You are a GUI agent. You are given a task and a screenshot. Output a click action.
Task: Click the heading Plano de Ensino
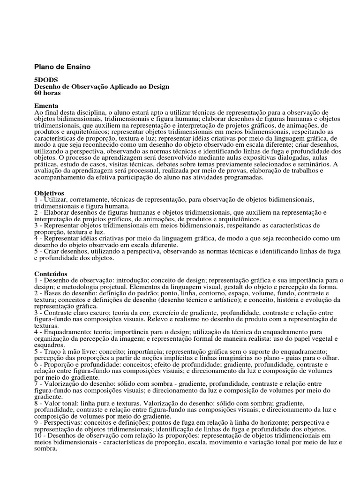(62, 67)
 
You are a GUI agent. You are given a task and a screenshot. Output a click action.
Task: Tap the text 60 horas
(48, 93)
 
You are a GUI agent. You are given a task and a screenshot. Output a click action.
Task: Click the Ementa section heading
(46, 106)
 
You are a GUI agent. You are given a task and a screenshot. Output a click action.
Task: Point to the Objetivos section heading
(49, 193)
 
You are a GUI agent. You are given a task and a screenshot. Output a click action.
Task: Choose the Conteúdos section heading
(51, 273)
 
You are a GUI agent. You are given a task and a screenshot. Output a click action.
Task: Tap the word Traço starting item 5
(53, 352)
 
